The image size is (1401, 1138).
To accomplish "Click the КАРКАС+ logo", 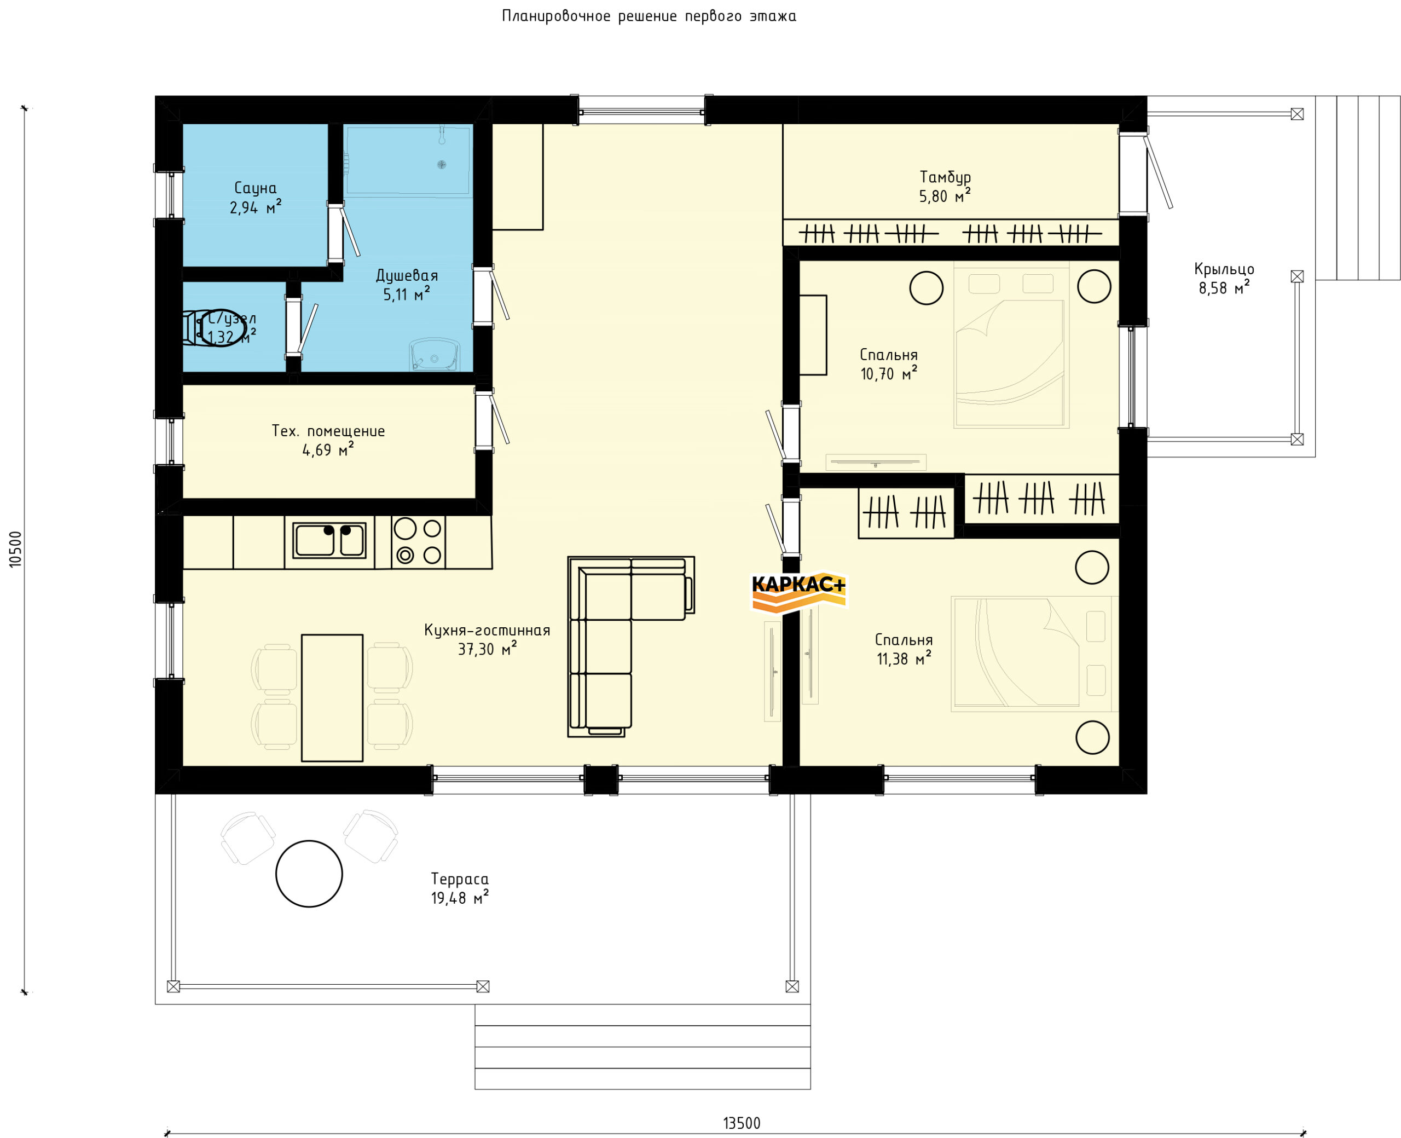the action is (x=798, y=591).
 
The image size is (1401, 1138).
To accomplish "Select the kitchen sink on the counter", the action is (x=329, y=540).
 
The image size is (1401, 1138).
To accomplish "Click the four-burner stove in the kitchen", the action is (x=418, y=541).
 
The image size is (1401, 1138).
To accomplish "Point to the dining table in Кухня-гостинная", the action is (x=332, y=697).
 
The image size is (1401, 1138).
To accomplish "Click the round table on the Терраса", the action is (x=309, y=874).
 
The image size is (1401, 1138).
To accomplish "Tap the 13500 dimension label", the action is (x=741, y=1123).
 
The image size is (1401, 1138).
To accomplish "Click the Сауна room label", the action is (x=255, y=189).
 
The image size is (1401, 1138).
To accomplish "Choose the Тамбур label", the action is (x=945, y=177).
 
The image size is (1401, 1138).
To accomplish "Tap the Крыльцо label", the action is (x=1224, y=269).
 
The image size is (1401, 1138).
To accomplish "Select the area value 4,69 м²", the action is (x=328, y=450).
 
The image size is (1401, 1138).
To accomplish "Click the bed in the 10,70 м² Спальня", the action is (x=1011, y=345).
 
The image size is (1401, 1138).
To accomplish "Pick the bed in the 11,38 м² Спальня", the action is (x=1034, y=654).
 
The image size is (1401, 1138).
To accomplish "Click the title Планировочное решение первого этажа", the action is (x=649, y=16).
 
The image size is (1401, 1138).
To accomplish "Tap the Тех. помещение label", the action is (x=328, y=431).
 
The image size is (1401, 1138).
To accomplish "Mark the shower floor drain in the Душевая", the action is (x=442, y=165).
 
